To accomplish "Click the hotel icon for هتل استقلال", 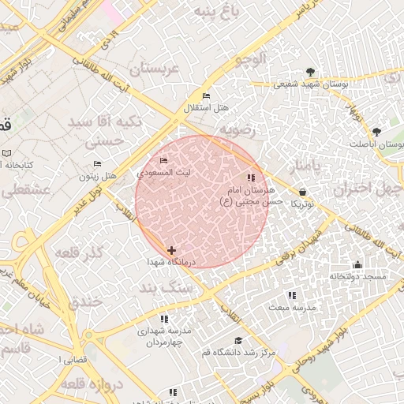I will [207, 96].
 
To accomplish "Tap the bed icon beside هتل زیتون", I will [97, 164].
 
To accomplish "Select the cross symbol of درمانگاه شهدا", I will [171, 250].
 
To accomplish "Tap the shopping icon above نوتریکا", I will [303, 192].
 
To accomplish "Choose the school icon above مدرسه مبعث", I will [292, 295].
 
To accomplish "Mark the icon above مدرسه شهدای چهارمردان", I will [164, 319].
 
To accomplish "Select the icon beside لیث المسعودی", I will [163, 161].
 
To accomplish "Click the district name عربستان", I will [155, 69].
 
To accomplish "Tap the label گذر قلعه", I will [81, 252].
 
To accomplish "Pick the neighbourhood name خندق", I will [86, 301].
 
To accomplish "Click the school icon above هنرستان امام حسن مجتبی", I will [251, 178].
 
